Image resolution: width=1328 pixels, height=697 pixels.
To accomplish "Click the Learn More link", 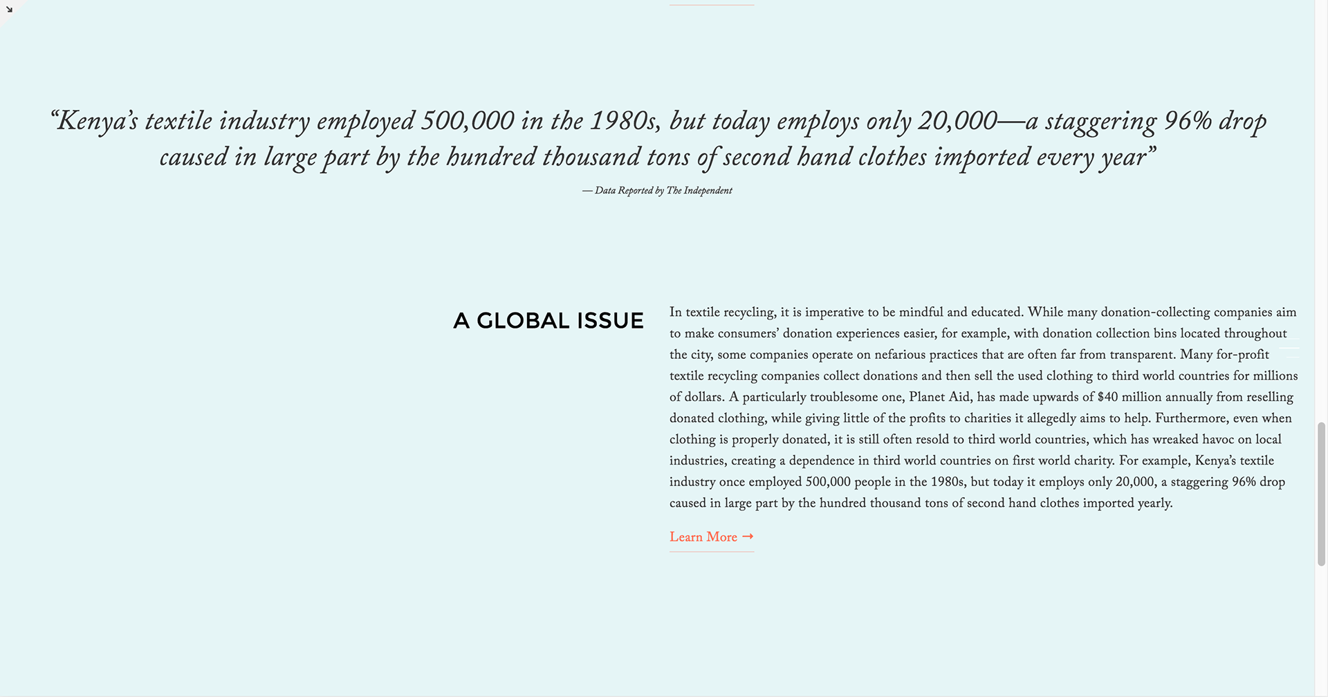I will point(703,537).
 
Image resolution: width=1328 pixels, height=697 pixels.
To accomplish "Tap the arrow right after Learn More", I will point(748,537).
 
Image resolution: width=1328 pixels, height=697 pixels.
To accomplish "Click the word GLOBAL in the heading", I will point(523,321).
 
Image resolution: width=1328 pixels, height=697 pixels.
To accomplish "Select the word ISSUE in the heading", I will point(610,321).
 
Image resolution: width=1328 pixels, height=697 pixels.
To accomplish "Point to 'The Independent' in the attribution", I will point(699,191).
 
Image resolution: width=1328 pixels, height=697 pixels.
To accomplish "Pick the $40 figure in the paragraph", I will point(1107,397).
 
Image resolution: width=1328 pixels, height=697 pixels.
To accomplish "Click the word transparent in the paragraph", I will point(1142,355).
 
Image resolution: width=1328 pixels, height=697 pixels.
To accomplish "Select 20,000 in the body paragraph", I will point(1135,482).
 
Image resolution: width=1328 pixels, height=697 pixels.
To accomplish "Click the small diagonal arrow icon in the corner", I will point(9,9).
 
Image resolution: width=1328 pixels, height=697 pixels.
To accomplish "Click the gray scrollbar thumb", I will point(1321,494).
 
